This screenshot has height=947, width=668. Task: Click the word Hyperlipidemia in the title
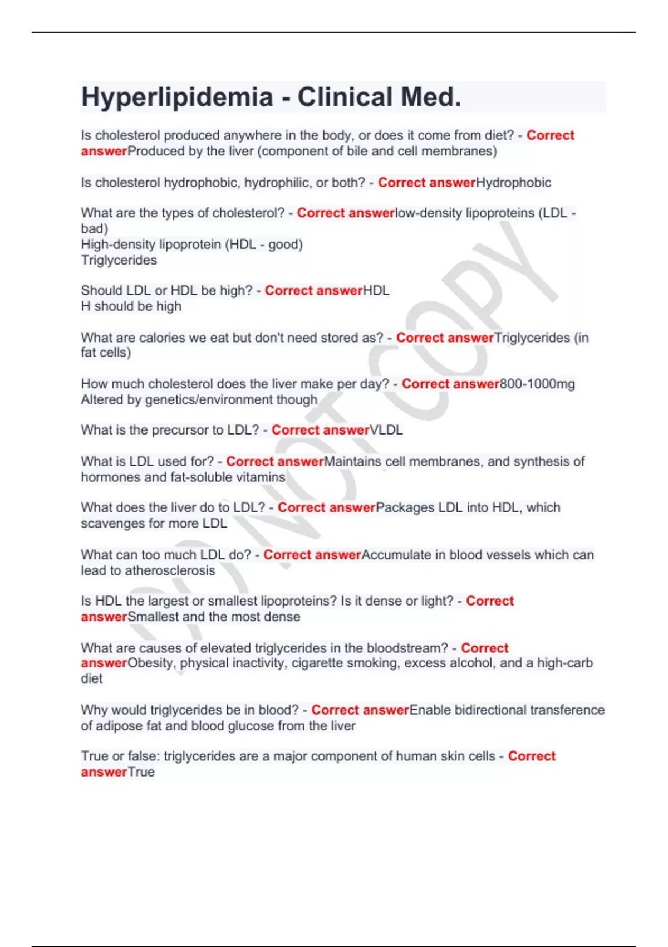point(177,97)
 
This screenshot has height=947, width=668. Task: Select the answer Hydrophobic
point(513,183)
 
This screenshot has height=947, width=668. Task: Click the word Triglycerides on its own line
point(119,260)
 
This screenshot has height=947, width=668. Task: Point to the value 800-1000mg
point(537,384)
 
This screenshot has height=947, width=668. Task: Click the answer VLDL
point(386,430)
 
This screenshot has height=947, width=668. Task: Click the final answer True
point(141,772)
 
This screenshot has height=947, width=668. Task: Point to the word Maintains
point(352,461)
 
